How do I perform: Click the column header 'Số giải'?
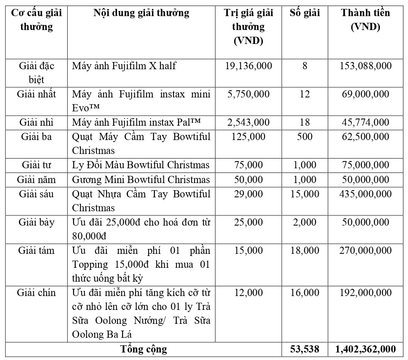coord(305,13)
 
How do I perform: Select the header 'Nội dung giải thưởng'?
coord(141,13)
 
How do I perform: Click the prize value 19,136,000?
coord(249,66)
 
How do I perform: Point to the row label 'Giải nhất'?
coord(36,93)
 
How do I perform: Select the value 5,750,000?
coord(249,94)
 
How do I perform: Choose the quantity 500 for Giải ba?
coord(305,137)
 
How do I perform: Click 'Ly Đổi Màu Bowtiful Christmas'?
coord(141,165)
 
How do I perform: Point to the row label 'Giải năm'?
coord(36,180)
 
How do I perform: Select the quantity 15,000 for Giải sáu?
coord(305,194)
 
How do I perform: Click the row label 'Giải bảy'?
coord(36,222)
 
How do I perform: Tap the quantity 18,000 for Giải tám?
coord(305,250)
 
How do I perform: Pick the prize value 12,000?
coord(249,293)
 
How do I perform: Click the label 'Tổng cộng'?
coord(144,349)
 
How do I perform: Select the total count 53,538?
coord(305,349)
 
